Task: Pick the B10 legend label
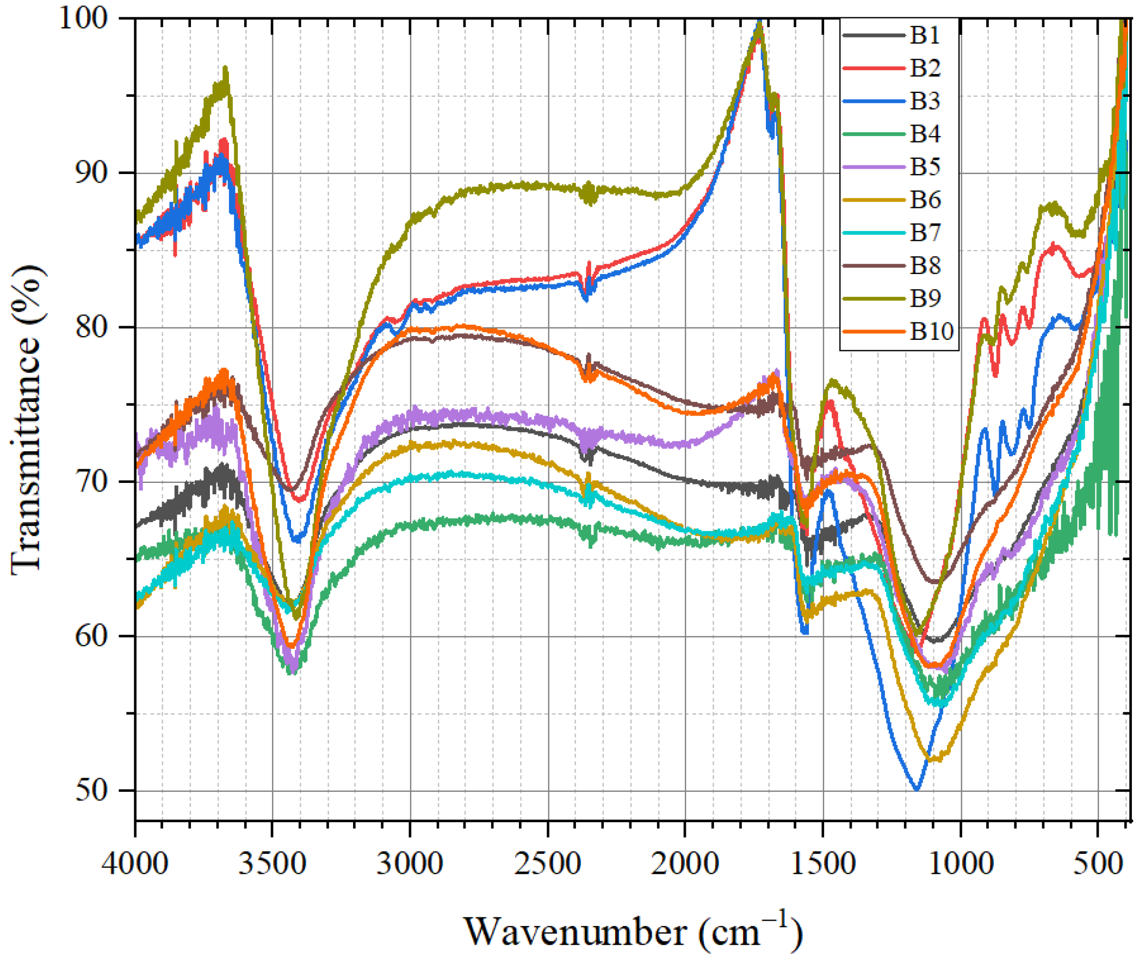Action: click(x=931, y=331)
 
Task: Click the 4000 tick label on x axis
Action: click(x=135, y=864)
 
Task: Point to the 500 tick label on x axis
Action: click(x=1098, y=864)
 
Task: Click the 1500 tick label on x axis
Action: click(x=822, y=864)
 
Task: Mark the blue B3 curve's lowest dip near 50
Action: click(x=917, y=789)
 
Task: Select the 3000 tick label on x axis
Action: click(x=410, y=864)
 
